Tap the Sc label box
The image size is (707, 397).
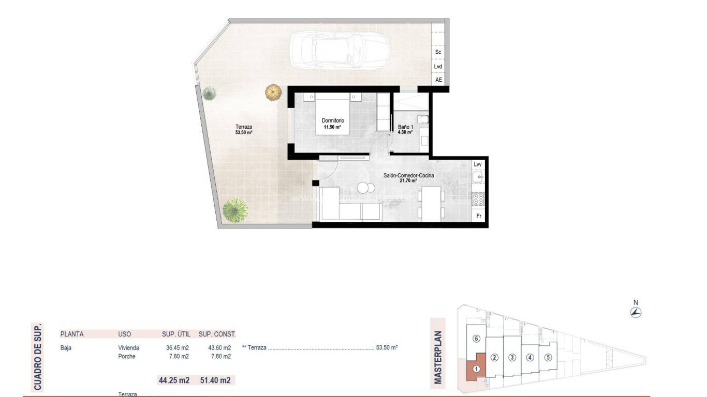point(438,52)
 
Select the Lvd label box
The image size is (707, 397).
point(438,67)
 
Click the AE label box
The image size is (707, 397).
point(438,80)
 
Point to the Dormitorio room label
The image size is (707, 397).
point(333,124)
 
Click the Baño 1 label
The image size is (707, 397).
point(405,129)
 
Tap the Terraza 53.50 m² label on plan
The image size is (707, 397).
point(243,129)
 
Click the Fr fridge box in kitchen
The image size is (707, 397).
point(478,217)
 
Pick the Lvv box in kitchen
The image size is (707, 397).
point(478,164)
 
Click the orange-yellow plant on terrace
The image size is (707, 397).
point(273,93)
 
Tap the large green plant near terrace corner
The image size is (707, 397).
point(235,210)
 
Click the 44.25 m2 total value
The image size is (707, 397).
point(174,380)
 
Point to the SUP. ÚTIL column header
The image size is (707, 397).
point(175,334)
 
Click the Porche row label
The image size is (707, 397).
point(127,357)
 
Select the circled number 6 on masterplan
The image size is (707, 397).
point(477,339)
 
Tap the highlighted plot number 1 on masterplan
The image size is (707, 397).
point(476,370)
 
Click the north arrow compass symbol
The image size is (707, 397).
point(636,312)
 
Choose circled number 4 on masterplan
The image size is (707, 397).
point(529,357)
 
